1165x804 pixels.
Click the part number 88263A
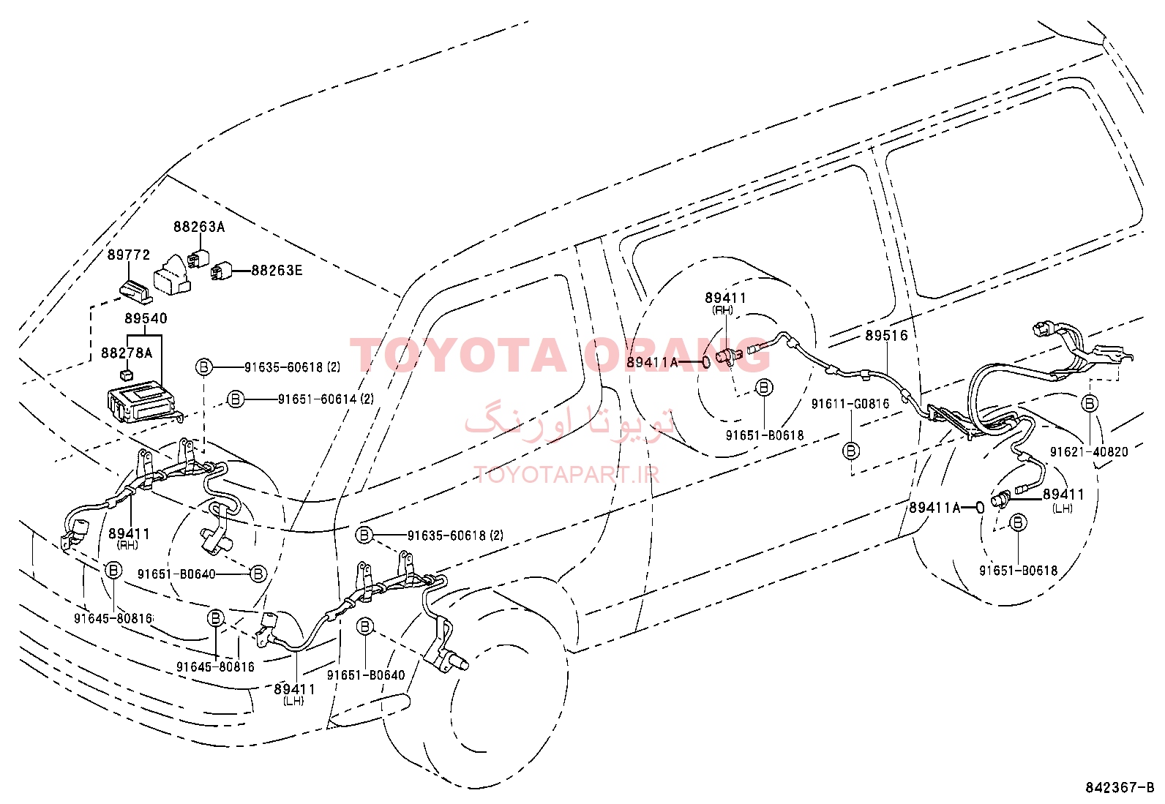pos(198,228)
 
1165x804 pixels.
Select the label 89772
pos(129,255)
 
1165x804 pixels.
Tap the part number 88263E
pos(277,271)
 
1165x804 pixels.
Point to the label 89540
pos(146,318)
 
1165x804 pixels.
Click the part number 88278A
pos(127,353)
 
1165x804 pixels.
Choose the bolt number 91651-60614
pos(318,399)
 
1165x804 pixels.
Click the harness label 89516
pos(886,336)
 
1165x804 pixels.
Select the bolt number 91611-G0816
pos(850,404)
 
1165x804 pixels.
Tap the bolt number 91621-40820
pos(1089,451)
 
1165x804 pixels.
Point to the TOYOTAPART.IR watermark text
pos(566,474)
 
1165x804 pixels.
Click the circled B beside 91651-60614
pos(236,399)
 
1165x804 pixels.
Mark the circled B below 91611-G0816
pos(851,451)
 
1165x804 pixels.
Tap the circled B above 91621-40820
pos(1090,403)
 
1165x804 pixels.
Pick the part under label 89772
pos(136,291)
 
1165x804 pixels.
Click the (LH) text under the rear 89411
pos(1062,508)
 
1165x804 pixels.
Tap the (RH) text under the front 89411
pos(128,545)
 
